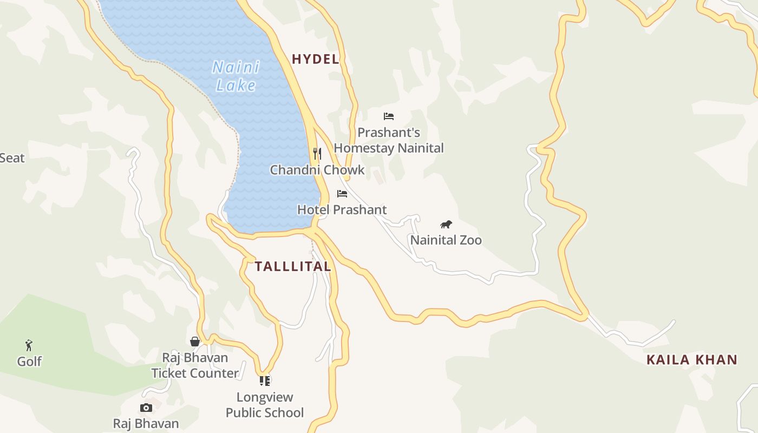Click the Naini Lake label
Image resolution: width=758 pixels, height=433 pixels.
coord(236,76)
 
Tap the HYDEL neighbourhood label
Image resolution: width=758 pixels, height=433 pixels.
coord(315,59)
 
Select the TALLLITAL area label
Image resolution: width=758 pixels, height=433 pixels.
coord(292,266)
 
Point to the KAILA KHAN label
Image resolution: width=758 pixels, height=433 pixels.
coord(691,359)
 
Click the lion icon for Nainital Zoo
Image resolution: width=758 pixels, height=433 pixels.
coord(446,224)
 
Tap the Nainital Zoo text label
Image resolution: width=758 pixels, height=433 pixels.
coord(446,240)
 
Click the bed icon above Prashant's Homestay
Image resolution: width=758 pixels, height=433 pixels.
coord(388,116)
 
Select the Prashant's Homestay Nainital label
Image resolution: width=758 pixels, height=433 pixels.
coord(389,140)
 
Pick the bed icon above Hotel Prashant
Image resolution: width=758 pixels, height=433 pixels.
coord(342,193)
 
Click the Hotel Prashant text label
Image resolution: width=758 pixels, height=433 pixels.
coord(342,209)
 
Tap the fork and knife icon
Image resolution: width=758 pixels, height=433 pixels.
coord(317,154)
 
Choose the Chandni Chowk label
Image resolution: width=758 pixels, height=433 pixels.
coord(317,170)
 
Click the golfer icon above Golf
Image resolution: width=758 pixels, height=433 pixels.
coord(29,345)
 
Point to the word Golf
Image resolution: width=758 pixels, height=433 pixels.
coord(29,361)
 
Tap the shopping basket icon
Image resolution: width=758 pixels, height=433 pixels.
coord(195,341)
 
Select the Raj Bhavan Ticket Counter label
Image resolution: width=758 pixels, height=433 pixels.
coord(195,365)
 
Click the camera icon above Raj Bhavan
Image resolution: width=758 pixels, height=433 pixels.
coord(146,408)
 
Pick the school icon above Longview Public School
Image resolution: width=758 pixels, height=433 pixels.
coord(264,380)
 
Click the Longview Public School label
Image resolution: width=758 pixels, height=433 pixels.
coord(264,405)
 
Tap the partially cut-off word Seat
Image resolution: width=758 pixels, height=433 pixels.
coord(12,158)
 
